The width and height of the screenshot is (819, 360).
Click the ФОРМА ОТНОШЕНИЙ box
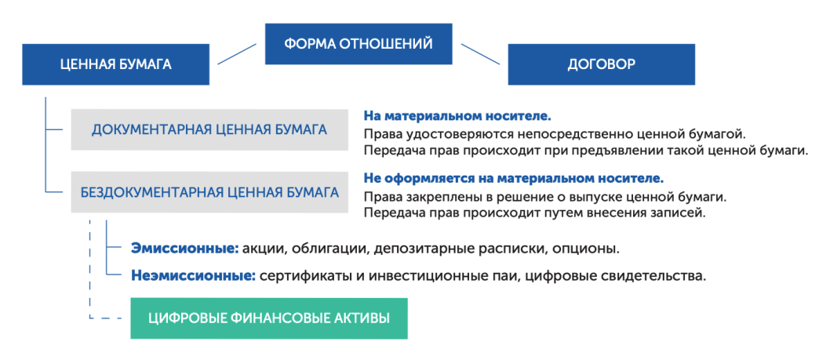tap(359, 44)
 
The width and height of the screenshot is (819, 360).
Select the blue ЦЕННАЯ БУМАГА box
tap(115, 64)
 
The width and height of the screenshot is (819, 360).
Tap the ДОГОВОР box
tap(601, 64)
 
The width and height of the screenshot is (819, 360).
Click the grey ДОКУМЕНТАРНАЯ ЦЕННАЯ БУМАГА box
tap(209, 129)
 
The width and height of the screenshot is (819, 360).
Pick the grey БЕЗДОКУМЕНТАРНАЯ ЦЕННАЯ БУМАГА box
tap(209, 191)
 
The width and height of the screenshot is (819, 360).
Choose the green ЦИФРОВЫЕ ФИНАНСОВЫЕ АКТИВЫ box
tap(269, 318)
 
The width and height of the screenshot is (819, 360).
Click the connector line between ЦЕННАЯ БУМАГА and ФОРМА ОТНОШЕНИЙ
tap(238, 54)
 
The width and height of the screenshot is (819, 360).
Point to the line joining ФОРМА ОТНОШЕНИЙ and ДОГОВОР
tap(481, 54)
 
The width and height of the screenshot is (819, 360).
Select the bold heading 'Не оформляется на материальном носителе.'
tap(514, 178)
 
